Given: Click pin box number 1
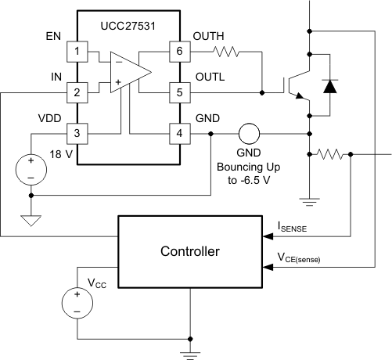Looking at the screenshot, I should pyautogui.click(x=77, y=52).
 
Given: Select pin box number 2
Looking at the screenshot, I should pyautogui.click(x=77, y=92).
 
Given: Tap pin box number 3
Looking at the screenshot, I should pyautogui.click(x=77, y=133).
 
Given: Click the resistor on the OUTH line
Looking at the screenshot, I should pyautogui.click(x=227, y=52).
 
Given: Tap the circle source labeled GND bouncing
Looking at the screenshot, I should pyautogui.click(x=249, y=133).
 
